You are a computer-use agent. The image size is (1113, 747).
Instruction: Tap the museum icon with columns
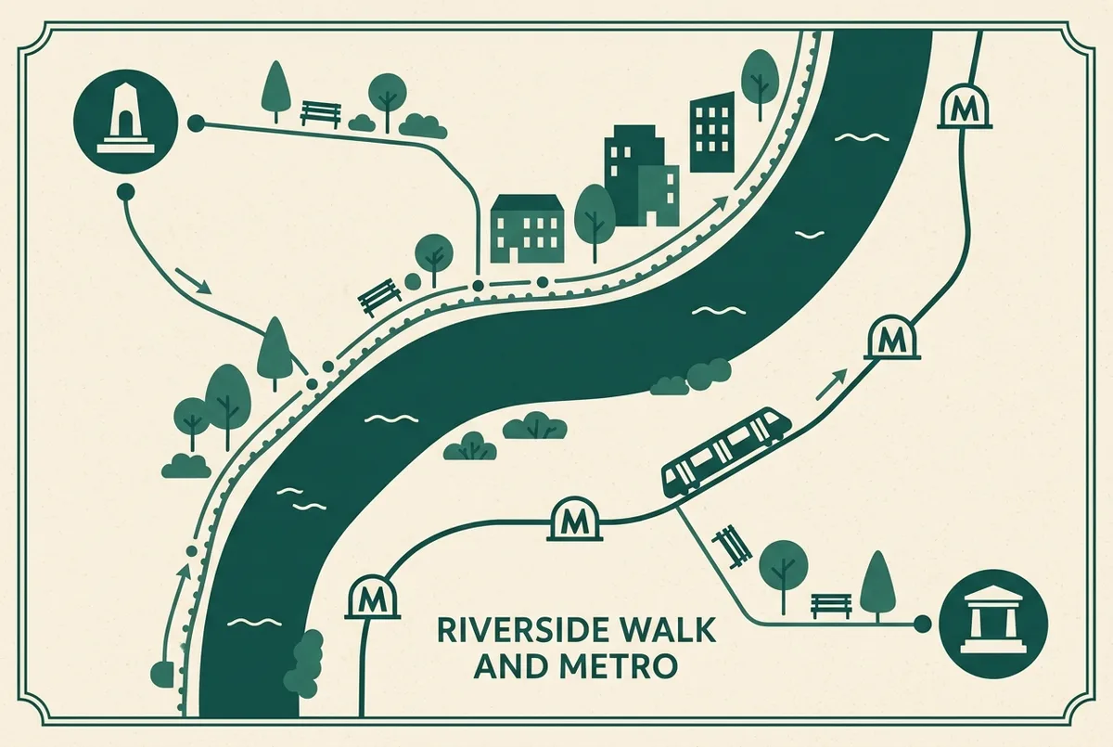point(993,624)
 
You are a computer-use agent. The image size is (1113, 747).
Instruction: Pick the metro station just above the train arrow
point(892,337)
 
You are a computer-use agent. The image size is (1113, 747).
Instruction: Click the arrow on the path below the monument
point(192,281)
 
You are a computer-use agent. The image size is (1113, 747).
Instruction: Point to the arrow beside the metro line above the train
point(830,385)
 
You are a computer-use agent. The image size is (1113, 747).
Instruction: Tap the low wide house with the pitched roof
point(527,228)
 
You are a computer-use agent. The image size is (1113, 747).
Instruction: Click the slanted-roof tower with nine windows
point(712,132)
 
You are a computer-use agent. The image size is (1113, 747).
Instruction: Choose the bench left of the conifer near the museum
point(830,607)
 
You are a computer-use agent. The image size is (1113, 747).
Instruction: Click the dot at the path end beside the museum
point(923,623)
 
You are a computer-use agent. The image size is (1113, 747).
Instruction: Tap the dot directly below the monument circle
point(125,192)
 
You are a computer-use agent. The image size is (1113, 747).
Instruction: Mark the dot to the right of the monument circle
point(196,123)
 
